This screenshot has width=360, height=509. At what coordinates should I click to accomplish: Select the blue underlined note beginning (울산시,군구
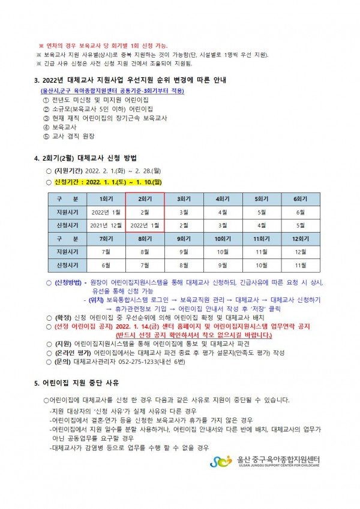[109, 91]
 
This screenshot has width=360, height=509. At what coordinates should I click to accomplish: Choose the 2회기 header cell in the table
[144, 198]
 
